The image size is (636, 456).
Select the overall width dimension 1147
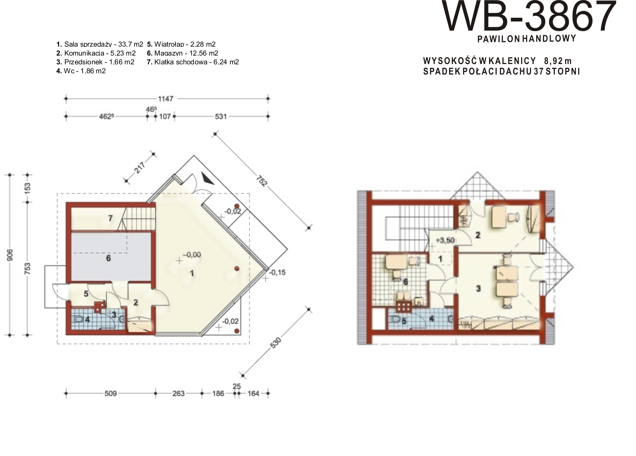tap(166, 99)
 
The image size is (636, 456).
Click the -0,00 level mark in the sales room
tap(192, 255)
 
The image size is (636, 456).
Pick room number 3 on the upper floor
tap(478, 288)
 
